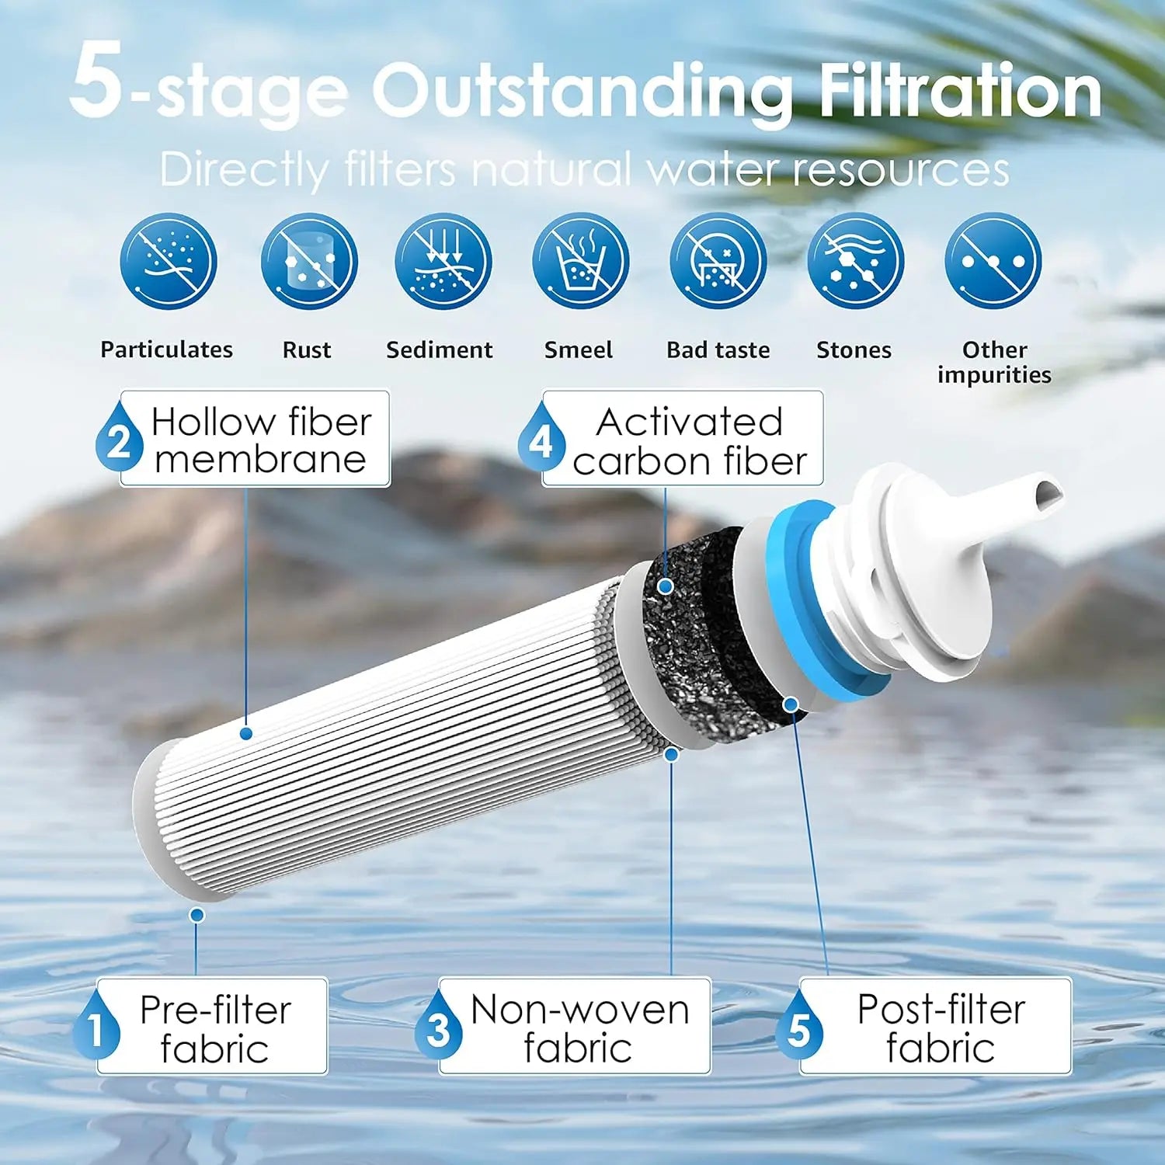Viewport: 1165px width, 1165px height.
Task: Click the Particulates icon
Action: (x=169, y=262)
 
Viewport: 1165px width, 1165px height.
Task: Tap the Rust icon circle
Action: (x=308, y=262)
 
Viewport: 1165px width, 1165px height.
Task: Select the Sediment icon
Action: (x=443, y=262)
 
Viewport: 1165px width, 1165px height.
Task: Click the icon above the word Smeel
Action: (x=580, y=262)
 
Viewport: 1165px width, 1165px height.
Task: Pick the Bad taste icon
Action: (x=718, y=262)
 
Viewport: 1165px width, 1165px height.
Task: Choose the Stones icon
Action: (x=855, y=262)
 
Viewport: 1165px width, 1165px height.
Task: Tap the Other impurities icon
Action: (x=993, y=262)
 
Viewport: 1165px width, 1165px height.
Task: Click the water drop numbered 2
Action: (x=119, y=440)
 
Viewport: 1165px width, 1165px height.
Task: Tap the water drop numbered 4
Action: (x=541, y=440)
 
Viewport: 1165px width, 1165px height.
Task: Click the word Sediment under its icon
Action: (x=439, y=350)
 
